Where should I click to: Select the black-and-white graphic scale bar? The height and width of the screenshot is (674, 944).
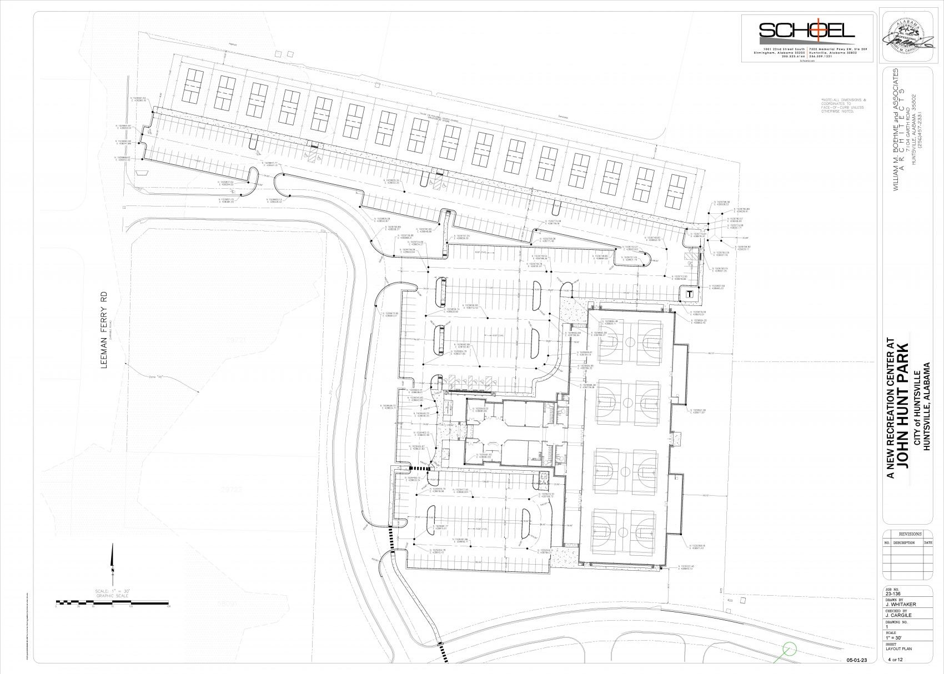tap(112, 602)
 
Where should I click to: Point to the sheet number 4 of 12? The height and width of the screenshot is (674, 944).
tap(896, 659)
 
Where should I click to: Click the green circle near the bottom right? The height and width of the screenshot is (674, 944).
tap(789, 648)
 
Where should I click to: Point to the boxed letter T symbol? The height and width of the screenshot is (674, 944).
tap(689, 294)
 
